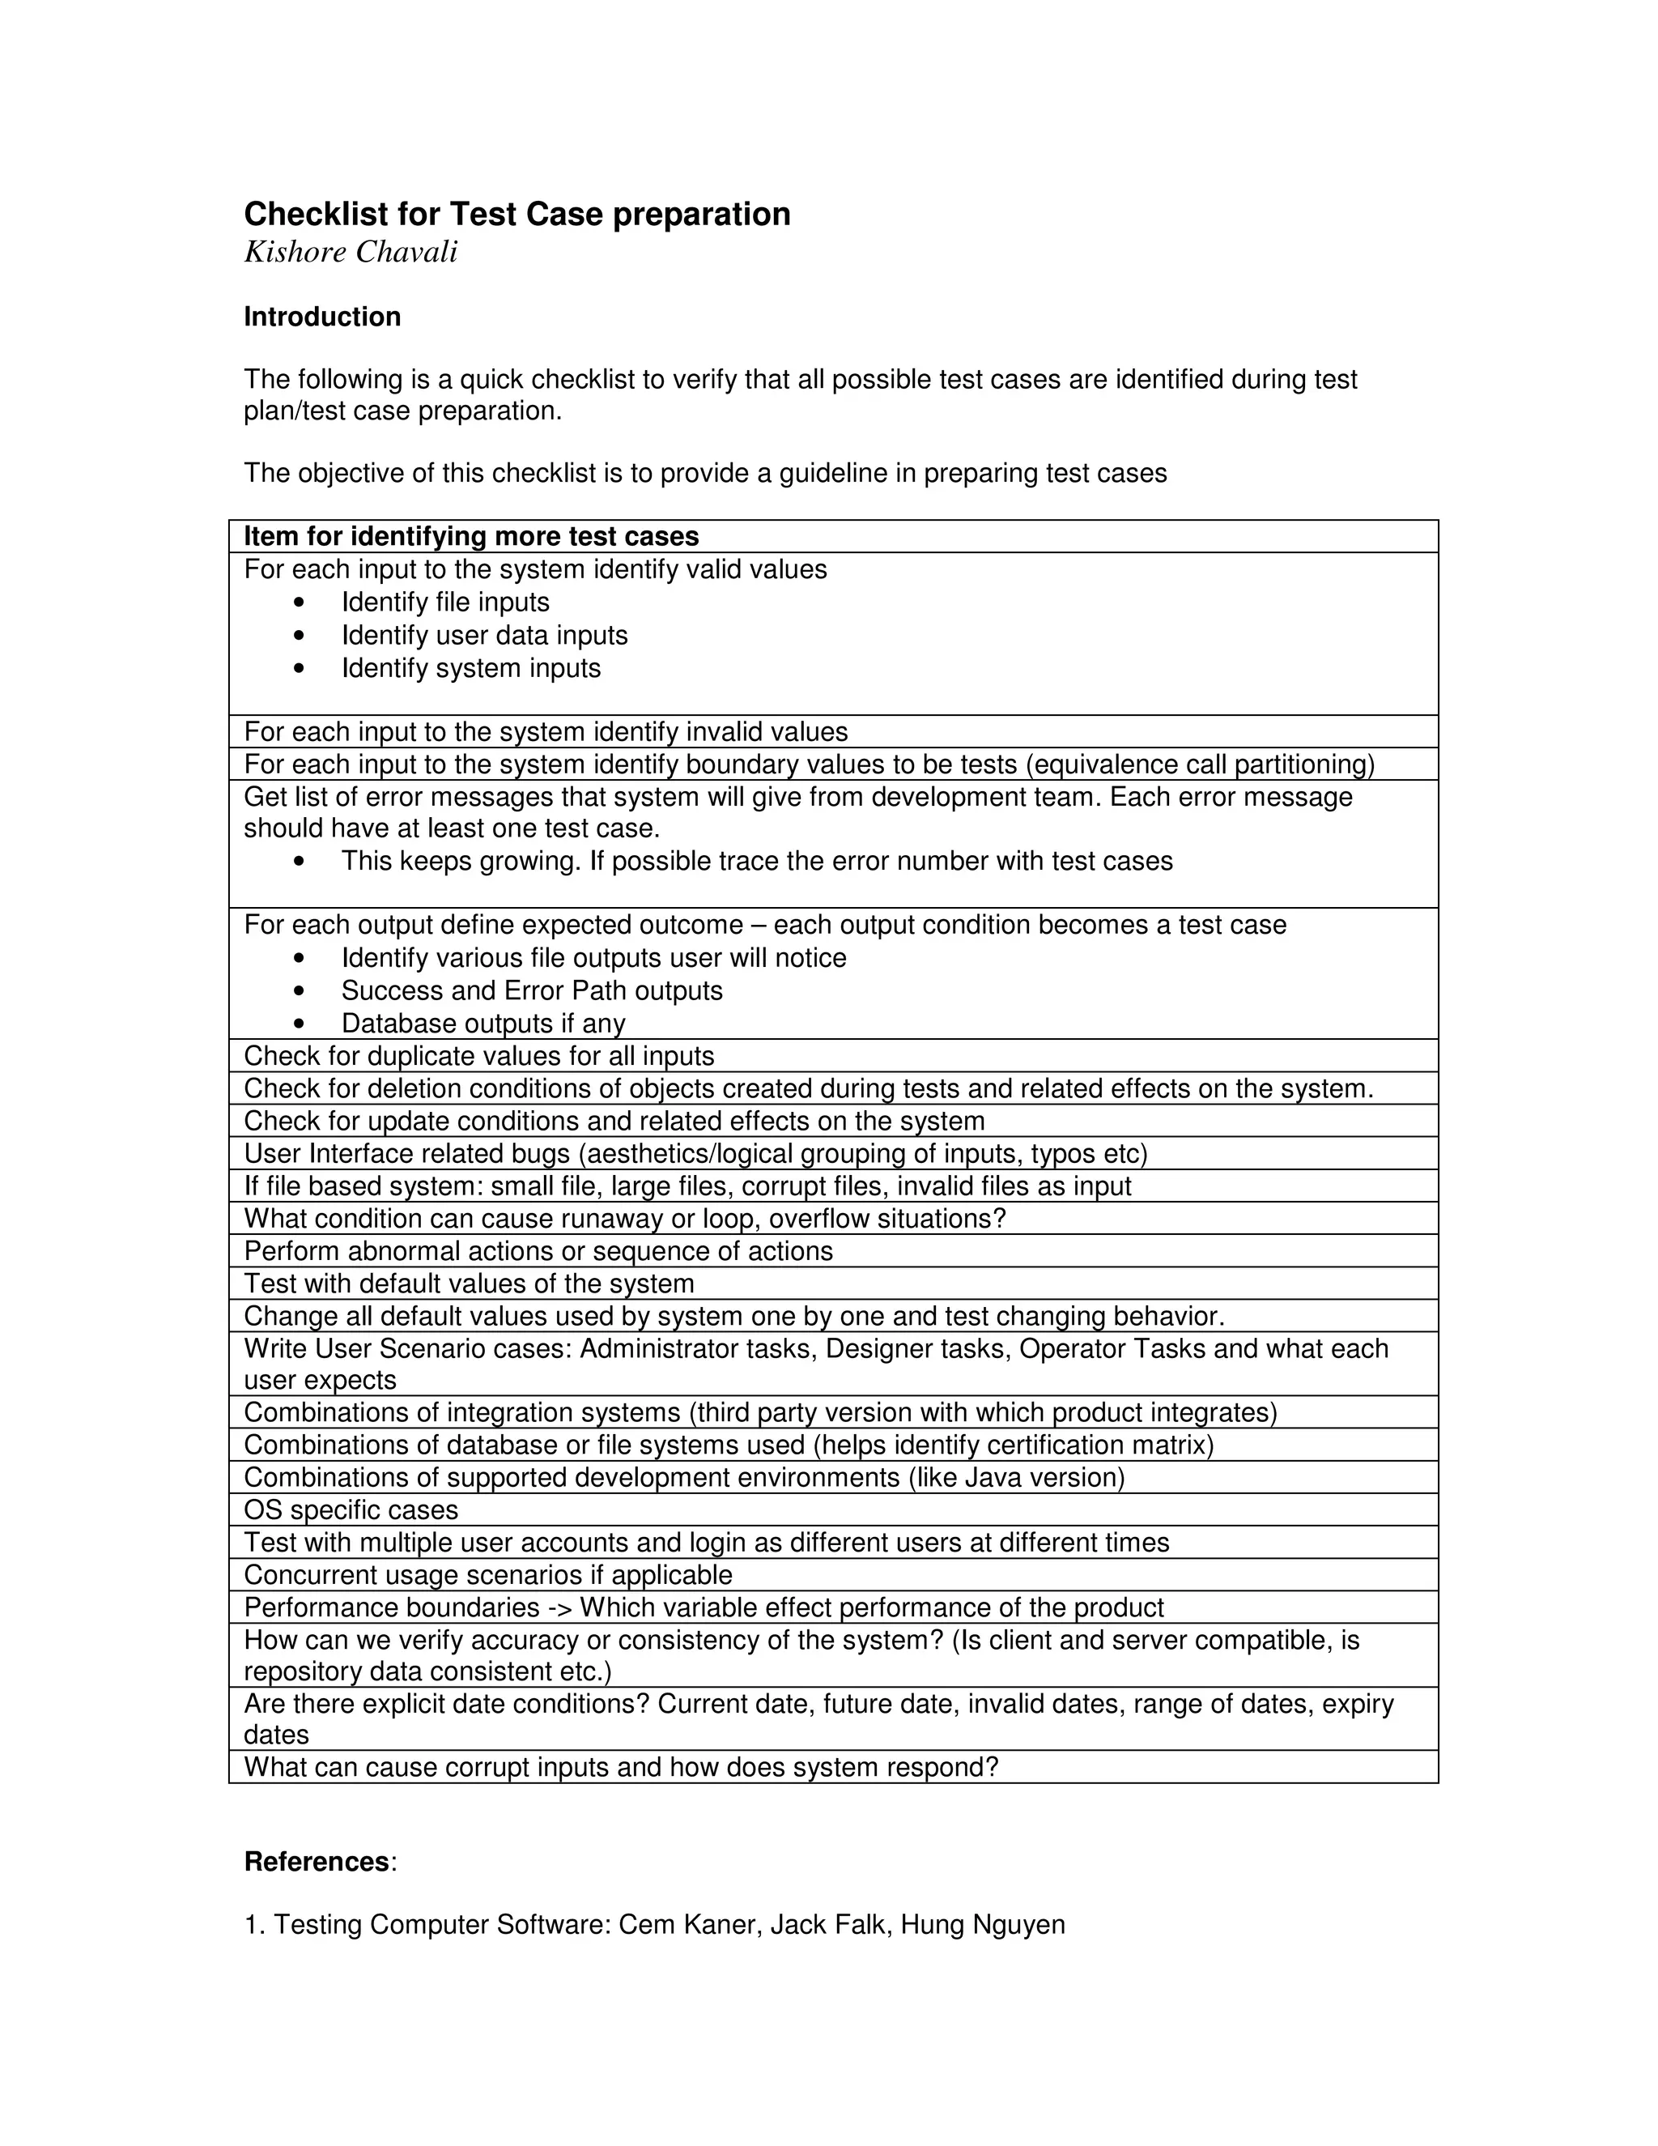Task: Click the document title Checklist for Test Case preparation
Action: (517, 215)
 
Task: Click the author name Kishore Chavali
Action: (351, 253)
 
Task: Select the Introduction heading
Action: (322, 317)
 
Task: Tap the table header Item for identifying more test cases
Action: (471, 536)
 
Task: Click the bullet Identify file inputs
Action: (445, 602)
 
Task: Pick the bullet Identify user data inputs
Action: (484, 636)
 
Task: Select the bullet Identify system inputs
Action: (470, 668)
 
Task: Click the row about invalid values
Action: (545, 732)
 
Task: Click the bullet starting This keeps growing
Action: (756, 862)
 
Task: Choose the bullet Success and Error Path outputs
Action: (531, 990)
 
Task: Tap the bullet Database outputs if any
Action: (483, 1024)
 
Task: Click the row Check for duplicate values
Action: (478, 1056)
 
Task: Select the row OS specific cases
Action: (351, 1510)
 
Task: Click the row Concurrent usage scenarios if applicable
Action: (487, 1575)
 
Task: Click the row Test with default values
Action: (469, 1284)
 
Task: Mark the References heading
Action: (317, 1862)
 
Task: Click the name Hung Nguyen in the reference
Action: (982, 1925)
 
